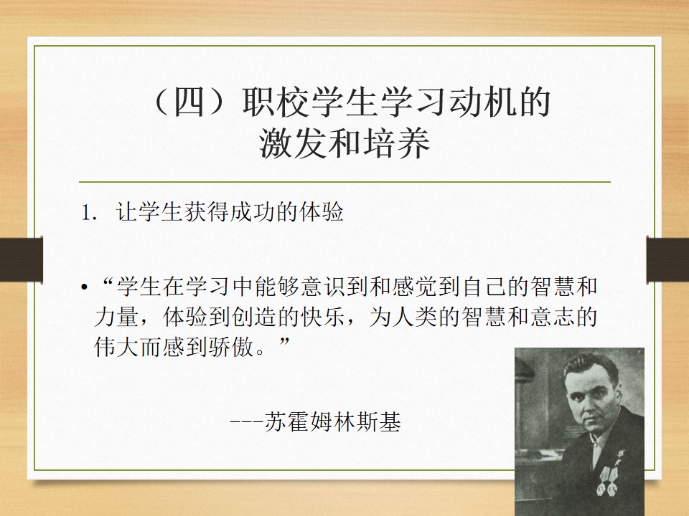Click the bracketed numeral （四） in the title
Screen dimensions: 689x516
(189, 102)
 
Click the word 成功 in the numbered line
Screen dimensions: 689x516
(252, 212)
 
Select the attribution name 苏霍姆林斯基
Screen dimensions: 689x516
(333, 422)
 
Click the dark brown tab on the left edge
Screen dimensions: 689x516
(21, 259)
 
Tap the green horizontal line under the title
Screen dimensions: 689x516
(344, 181)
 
